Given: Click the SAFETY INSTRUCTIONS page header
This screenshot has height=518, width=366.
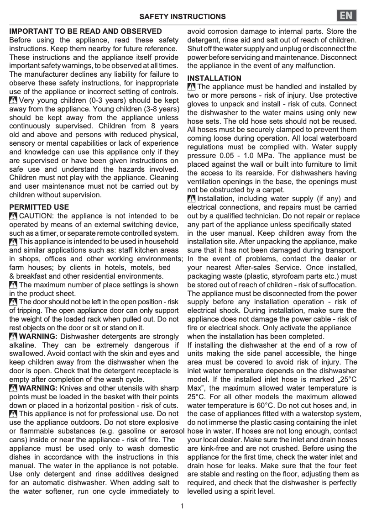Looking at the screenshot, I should coord(182,17).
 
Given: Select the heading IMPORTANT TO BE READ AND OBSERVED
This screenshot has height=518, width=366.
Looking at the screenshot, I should coord(85,32).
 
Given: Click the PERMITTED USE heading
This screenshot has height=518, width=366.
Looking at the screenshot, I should coord(39,207).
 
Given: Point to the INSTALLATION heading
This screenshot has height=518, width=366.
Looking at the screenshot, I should coord(214,78).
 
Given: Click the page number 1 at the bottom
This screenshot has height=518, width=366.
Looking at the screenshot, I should coord(183,506).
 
